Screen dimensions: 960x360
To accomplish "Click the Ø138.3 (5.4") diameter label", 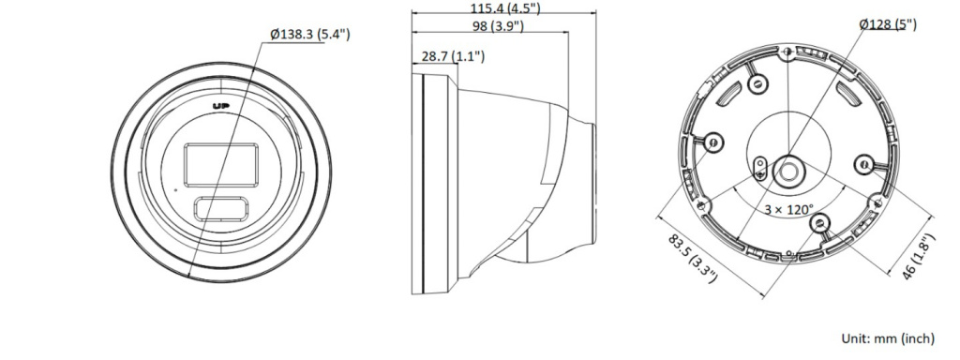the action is pos(310,34).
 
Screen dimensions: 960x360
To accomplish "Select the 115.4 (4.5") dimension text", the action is pos(505,7).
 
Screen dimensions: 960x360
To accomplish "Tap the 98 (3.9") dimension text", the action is pos(498,25).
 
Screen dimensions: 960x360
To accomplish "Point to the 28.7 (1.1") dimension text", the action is pos(453,56).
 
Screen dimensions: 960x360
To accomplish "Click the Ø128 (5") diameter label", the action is pos(888,23).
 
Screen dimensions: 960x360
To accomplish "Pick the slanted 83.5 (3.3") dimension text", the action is pos(692,258).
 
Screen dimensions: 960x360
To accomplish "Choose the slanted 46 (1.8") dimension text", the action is pos(920,257).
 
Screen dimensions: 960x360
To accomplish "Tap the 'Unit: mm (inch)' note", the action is pos(888,337).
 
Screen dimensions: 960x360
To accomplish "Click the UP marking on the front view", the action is pos(221,107).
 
